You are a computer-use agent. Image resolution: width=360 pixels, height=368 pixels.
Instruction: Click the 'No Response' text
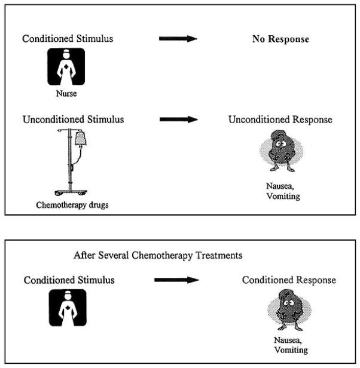click(280, 39)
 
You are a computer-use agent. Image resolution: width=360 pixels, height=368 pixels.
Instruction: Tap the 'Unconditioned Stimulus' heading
click(73, 119)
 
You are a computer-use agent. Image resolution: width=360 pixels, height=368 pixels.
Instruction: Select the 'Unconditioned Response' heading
click(280, 119)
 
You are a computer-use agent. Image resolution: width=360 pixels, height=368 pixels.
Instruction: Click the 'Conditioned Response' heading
click(289, 280)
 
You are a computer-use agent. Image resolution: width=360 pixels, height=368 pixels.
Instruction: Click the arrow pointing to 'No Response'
click(178, 39)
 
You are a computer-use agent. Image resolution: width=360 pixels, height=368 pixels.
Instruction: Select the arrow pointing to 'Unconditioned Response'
click(178, 119)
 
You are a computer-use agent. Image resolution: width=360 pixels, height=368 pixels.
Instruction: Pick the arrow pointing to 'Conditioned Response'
click(173, 280)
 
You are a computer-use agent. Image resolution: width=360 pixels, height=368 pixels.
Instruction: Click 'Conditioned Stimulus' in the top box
click(68, 39)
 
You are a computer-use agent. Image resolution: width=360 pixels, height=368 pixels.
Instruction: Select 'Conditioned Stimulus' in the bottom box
click(69, 280)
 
